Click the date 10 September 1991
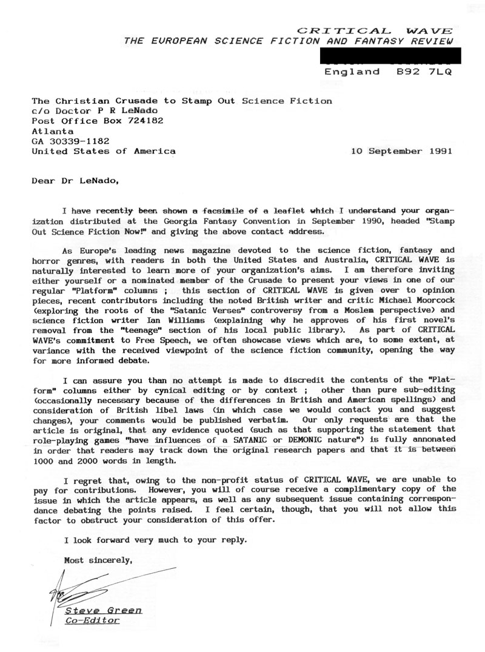(x=402, y=151)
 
